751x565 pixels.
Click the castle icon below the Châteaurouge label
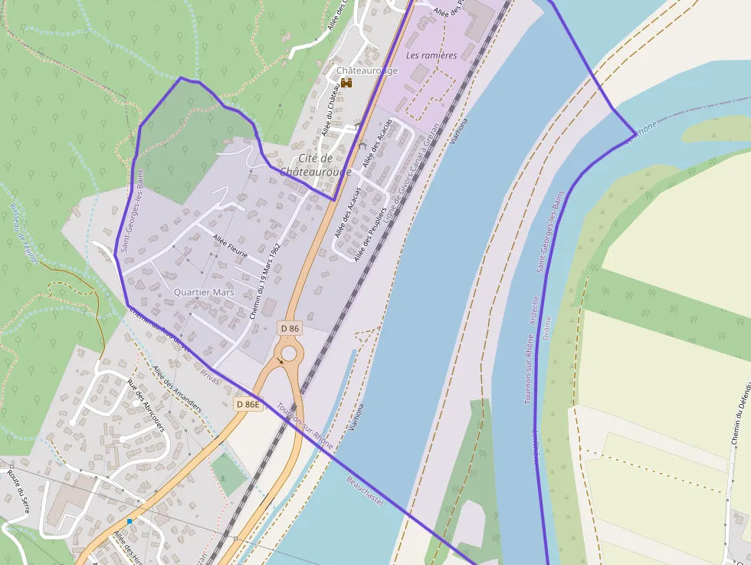(x=346, y=83)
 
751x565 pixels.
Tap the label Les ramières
(x=431, y=55)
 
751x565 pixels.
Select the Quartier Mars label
(x=204, y=292)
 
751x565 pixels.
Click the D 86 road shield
(x=290, y=328)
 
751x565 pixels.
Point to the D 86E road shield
(x=248, y=404)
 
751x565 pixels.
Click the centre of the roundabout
(x=288, y=353)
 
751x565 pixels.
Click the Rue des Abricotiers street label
(x=146, y=406)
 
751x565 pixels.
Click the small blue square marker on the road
(x=130, y=521)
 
